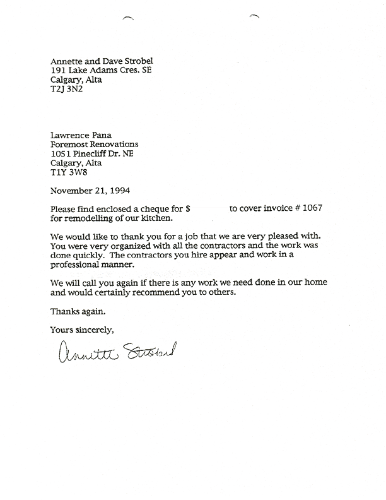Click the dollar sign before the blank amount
pyautogui.click(x=188, y=208)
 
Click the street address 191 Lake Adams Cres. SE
pyautogui.click(x=100, y=71)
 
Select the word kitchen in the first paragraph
pyautogui.click(x=156, y=218)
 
